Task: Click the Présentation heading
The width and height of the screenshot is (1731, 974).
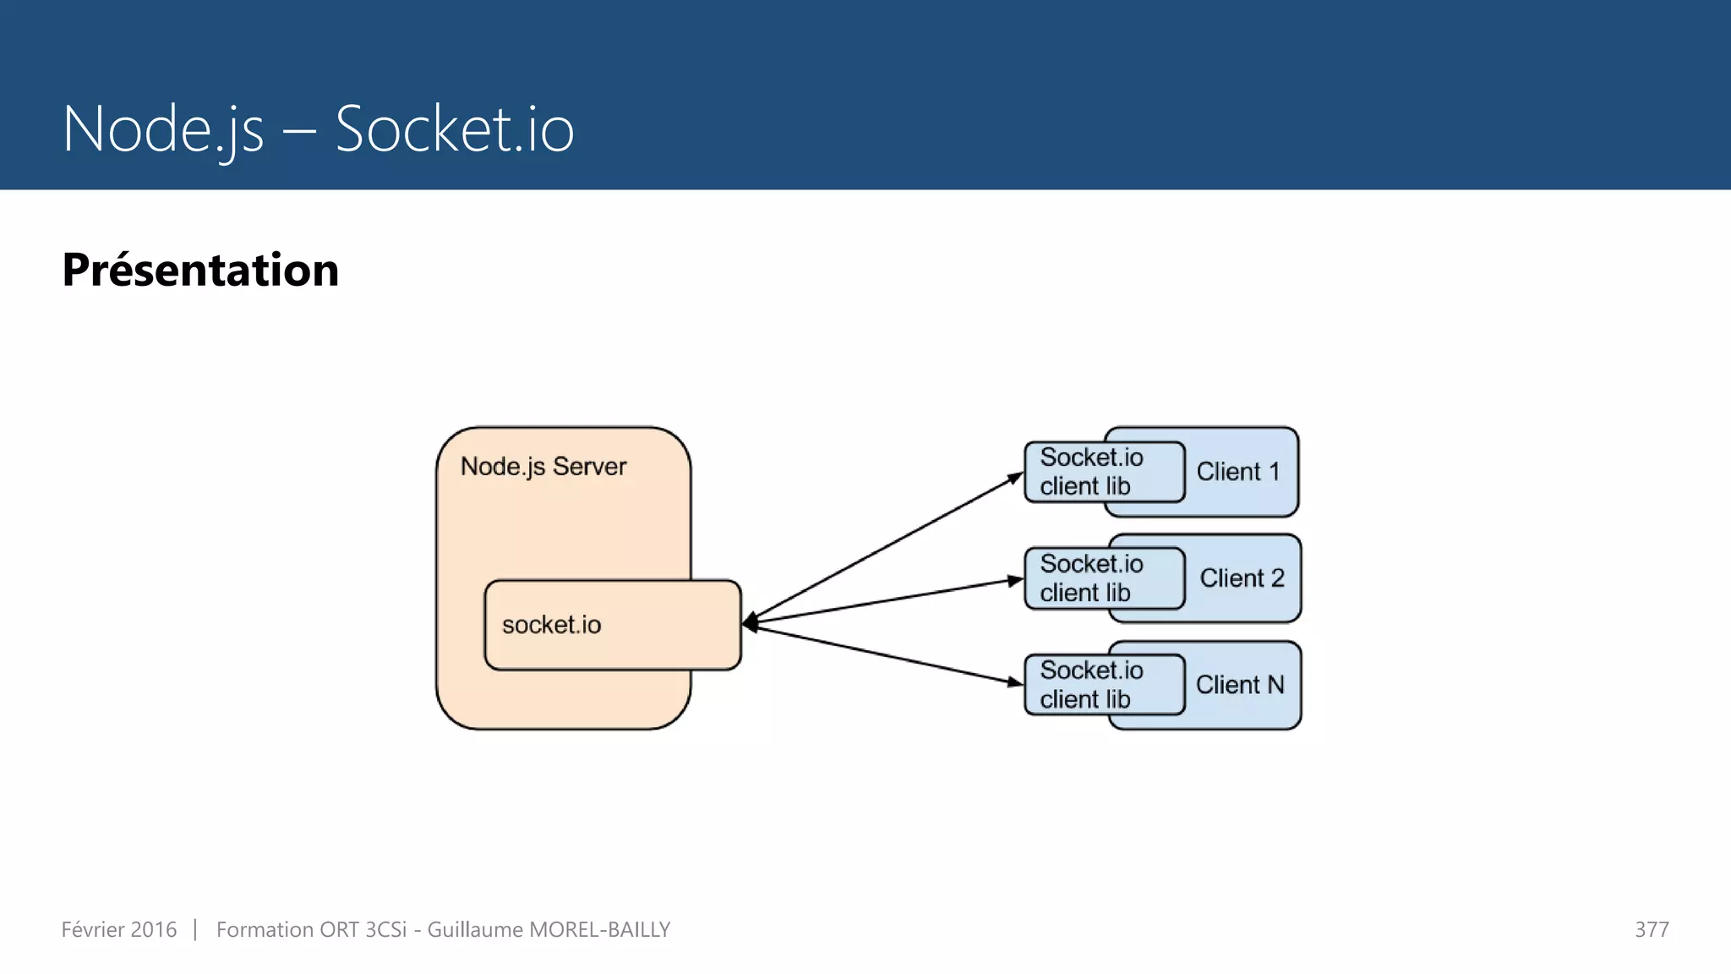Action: point(200,271)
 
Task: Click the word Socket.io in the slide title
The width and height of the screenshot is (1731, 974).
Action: point(454,129)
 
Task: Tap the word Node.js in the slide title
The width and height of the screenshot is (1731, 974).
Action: point(163,129)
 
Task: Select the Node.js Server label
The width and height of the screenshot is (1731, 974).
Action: point(543,467)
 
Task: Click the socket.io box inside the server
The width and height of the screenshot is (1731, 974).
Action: point(612,625)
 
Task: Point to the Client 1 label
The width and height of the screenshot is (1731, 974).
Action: point(1237,472)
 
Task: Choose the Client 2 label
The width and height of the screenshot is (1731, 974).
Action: point(1242,578)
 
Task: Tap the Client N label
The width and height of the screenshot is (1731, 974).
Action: point(1239,685)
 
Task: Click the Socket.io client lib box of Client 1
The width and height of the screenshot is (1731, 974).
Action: point(1103,472)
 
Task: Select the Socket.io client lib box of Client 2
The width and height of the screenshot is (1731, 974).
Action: point(1103,578)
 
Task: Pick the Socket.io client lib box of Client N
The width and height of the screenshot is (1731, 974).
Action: point(1103,685)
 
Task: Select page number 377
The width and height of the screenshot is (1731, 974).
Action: point(1651,930)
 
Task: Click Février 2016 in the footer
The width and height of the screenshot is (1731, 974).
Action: point(119,930)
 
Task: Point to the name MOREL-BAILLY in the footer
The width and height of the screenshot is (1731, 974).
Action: point(599,930)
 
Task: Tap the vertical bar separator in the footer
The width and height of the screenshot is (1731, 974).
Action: point(195,930)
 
